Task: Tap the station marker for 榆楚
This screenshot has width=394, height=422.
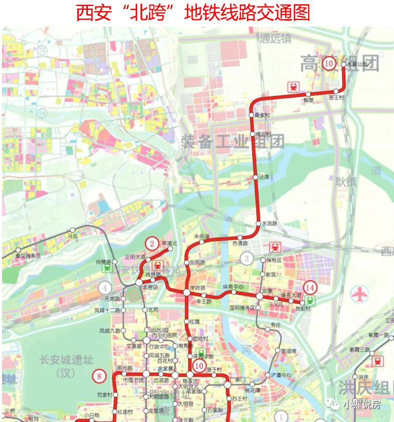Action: pyautogui.click(x=308, y=94)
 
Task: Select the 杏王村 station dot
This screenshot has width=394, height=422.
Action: pyautogui.click(x=336, y=91)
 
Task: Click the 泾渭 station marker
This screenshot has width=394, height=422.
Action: pyautogui.click(x=256, y=177)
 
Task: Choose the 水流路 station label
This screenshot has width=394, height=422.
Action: pyautogui.click(x=270, y=223)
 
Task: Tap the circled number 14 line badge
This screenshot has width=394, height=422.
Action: pyautogui.click(x=311, y=287)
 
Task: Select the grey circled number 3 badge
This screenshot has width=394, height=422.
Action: pyautogui.click(x=246, y=259)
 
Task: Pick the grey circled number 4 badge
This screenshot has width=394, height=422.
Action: pyautogui.click(x=105, y=288)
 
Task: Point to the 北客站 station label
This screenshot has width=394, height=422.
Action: pyautogui.click(x=150, y=287)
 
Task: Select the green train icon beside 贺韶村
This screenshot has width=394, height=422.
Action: pyautogui.click(x=311, y=300)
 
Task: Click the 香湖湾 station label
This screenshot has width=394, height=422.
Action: pyautogui.click(x=288, y=351)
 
